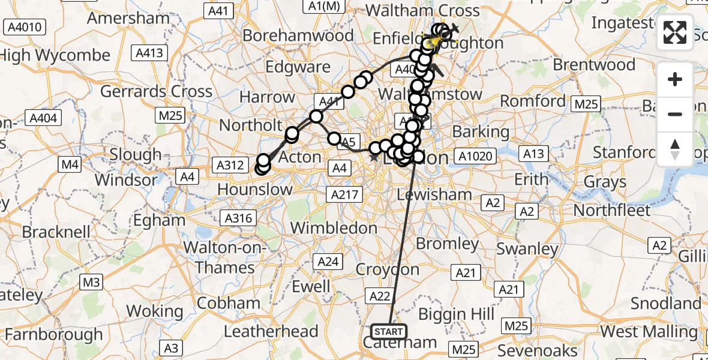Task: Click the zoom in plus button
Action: click(675, 79)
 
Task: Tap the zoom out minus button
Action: click(675, 114)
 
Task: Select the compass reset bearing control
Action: click(675, 149)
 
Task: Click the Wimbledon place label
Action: click(334, 228)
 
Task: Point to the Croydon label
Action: click(388, 269)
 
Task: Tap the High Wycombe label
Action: click(55, 56)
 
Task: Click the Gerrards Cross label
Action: click(156, 92)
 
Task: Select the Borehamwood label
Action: click(298, 35)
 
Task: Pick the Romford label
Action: click(533, 101)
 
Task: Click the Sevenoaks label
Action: click(529, 350)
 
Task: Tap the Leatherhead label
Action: click(271, 331)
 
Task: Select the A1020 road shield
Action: click(475, 157)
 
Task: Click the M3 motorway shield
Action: click(91, 281)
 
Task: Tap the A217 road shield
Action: click(344, 194)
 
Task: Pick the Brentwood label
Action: click(595, 64)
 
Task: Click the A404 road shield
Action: click(43, 118)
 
